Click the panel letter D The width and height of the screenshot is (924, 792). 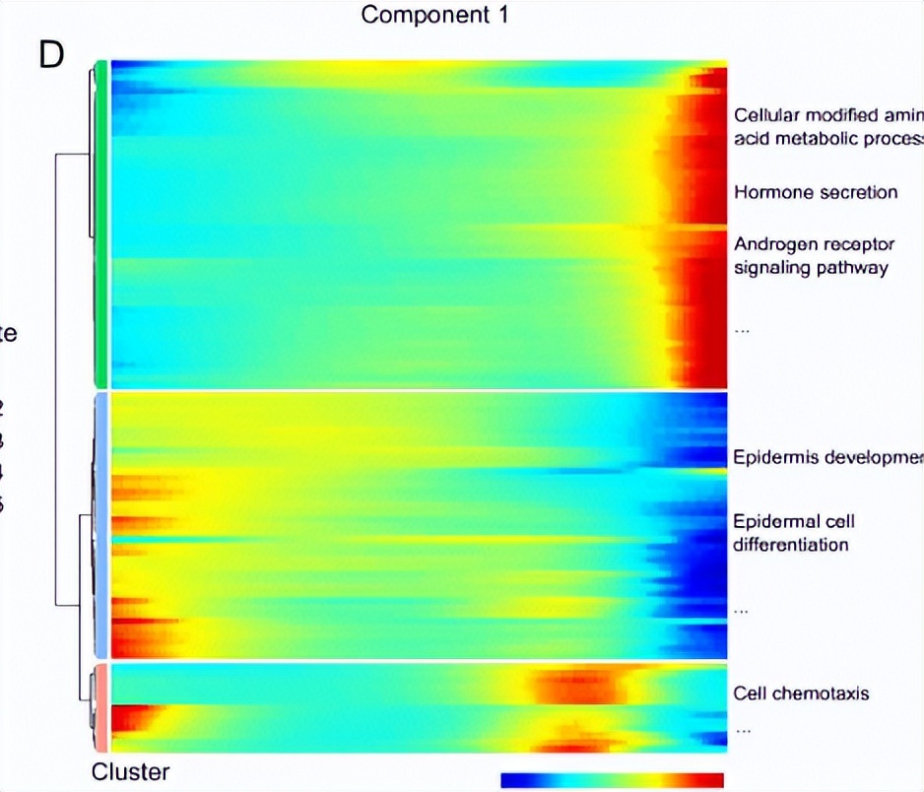pyautogui.click(x=50, y=55)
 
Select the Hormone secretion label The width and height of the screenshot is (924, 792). pyautogui.click(x=815, y=192)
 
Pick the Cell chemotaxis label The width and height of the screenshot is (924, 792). pyautogui.click(x=801, y=693)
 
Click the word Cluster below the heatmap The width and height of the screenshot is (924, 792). pyautogui.click(x=131, y=771)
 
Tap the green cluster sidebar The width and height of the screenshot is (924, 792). pyautogui.click(x=99, y=225)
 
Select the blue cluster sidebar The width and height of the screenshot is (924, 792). pyautogui.click(x=99, y=525)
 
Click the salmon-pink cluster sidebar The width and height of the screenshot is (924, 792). pyautogui.click(x=99, y=708)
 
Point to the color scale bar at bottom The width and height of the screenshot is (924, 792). pyautogui.click(x=612, y=780)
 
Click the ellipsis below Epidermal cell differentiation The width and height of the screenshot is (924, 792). pyautogui.click(x=742, y=611)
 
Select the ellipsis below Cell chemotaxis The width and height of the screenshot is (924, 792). pyautogui.click(x=742, y=730)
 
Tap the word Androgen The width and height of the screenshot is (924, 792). pyautogui.click(x=770, y=242)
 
